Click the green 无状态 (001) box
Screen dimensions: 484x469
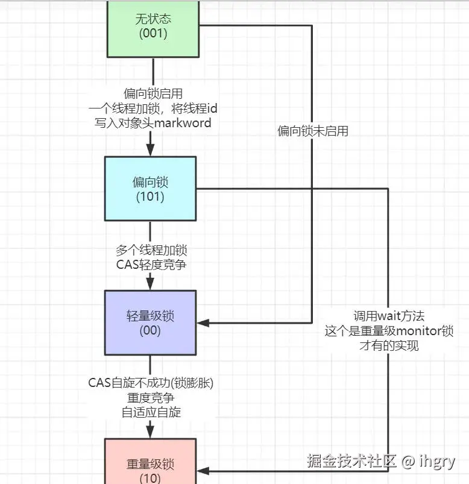tap(153, 28)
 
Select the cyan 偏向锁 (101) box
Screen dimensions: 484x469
tap(150, 188)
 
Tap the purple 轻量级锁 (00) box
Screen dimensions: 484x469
tap(150, 322)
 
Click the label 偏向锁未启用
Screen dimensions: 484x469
tap(313, 131)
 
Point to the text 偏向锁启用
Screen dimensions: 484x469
tap(153, 93)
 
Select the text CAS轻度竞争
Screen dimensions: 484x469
tap(151, 265)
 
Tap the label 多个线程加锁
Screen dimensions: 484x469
tap(151, 250)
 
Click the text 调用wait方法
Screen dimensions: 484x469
tap(388, 316)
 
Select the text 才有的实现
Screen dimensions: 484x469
tap(388, 345)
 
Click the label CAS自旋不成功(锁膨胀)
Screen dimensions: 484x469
tap(151, 382)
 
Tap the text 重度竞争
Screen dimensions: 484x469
tap(151, 397)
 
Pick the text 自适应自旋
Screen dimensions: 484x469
tap(151, 412)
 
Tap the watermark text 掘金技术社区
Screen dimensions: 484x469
tap(351, 462)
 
